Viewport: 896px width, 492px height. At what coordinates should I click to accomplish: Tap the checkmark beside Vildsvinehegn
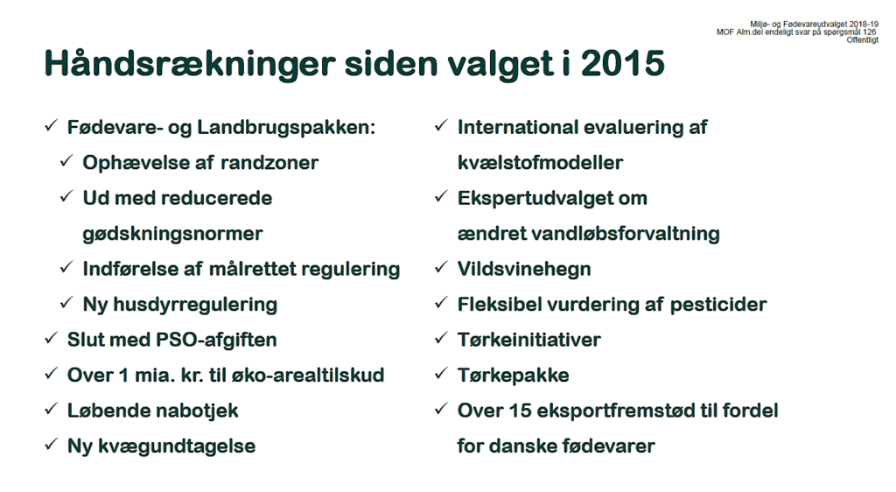click(x=441, y=267)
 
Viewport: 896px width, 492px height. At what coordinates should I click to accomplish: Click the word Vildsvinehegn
click(x=524, y=269)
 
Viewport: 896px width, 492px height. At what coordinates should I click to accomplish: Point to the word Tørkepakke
click(x=513, y=375)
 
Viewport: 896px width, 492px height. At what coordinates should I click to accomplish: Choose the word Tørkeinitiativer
click(x=529, y=340)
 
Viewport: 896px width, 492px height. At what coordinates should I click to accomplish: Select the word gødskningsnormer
click(x=172, y=234)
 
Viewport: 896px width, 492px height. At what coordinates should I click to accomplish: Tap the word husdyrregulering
click(x=195, y=305)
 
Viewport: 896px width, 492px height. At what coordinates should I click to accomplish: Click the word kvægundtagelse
click(x=177, y=446)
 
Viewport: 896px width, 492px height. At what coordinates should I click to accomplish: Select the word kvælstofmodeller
click(x=540, y=163)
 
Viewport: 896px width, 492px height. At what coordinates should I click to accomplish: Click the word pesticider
click(x=717, y=305)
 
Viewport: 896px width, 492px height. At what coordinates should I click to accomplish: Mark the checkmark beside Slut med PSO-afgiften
click(x=51, y=338)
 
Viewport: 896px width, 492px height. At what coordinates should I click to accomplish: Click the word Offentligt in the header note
click(x=862, y=40)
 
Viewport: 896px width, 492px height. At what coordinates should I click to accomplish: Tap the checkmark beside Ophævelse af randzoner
click(x=66, y=160)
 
